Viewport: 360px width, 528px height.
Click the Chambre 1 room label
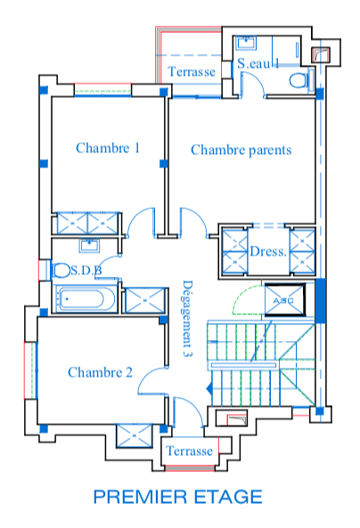[x=108, y=148]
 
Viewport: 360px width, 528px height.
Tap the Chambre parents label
[x=241, y=150]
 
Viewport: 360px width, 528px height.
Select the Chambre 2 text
[x=100, y=372]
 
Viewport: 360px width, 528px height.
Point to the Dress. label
[x=268, y=252]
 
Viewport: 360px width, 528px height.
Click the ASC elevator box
[x=284, y=300]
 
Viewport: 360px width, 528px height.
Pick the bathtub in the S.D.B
[x=85, y=299]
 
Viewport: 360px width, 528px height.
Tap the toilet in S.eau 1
[x=299, y=81]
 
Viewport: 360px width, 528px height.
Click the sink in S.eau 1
[x=246, y=43]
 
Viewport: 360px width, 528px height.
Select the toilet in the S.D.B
[x=61, y=271]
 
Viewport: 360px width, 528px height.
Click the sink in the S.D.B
[x=89, y=245]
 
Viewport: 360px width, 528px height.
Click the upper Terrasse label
[x=192, y=72]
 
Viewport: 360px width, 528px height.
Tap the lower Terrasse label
[x=190, y=451]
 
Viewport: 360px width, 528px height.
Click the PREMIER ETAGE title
[x=177, y=497]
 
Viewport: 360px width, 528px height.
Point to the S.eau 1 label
[x=258, y=63]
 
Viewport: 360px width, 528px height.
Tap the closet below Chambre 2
[x=135, y=435]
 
